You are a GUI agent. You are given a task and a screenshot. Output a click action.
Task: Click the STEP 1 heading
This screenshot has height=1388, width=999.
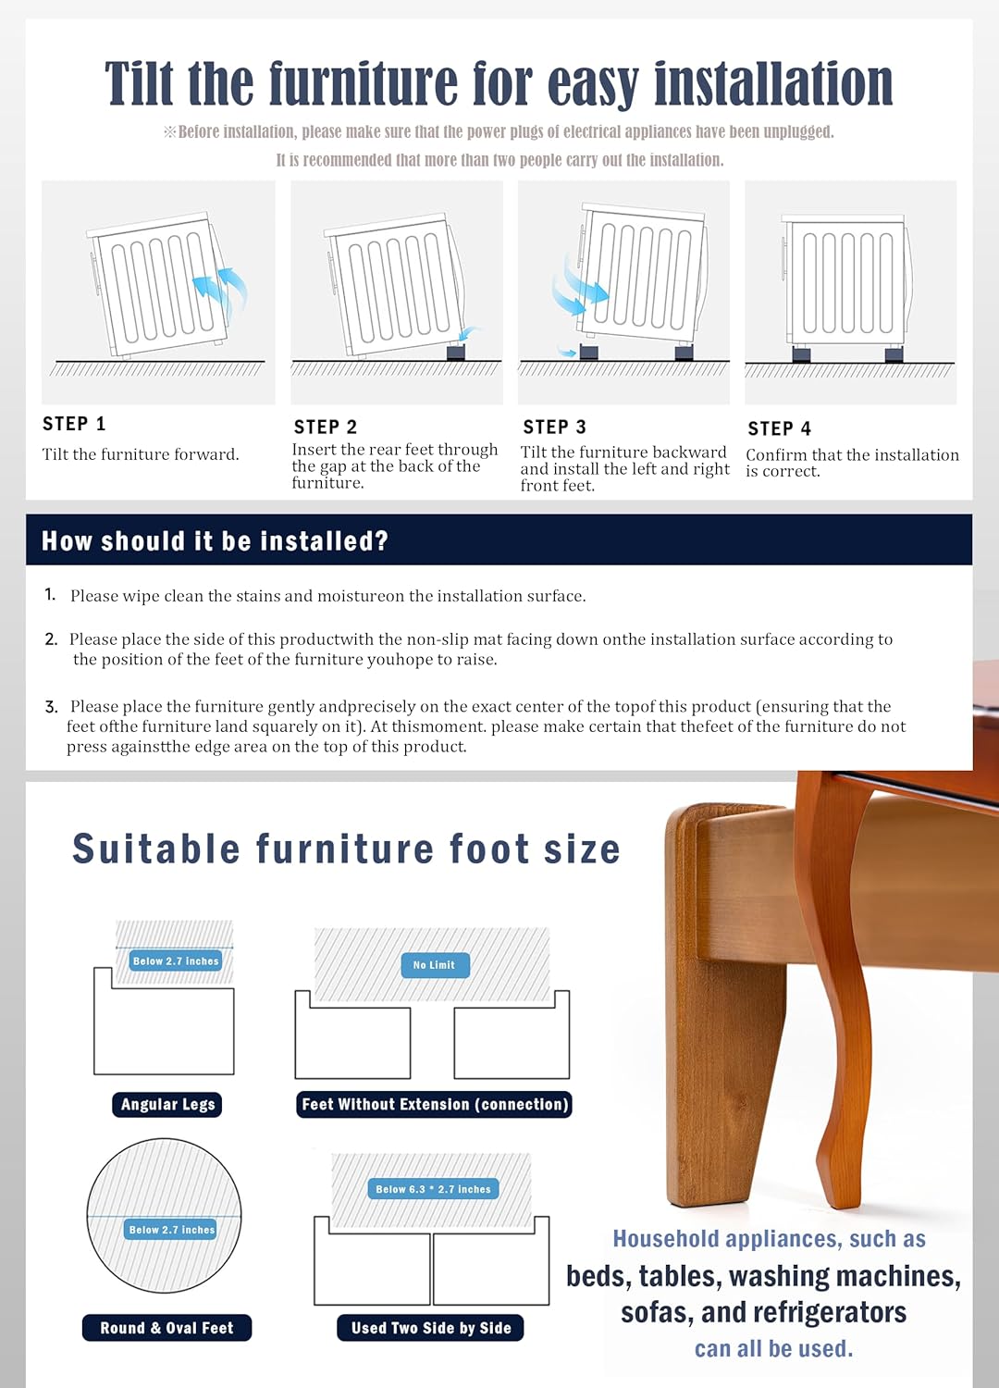pos(74,424)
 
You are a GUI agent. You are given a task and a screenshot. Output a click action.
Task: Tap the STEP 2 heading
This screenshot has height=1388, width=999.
pos(325,427)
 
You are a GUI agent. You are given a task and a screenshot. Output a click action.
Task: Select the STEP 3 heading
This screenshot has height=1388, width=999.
pos(554,427)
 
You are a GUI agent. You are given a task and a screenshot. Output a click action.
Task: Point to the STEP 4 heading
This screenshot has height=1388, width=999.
pos(779,428)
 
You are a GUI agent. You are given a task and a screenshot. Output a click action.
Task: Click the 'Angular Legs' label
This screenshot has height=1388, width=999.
pos(167,1104)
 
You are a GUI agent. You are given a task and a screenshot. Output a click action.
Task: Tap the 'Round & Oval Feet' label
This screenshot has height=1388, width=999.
pos(166,1328)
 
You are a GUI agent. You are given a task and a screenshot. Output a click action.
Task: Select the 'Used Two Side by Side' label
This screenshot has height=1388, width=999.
pos(431,1328)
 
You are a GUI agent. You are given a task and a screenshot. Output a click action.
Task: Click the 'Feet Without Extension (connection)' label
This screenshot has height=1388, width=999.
pos(435,1104)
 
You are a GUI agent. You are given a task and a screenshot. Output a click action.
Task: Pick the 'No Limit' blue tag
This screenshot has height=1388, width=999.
pos(435,965)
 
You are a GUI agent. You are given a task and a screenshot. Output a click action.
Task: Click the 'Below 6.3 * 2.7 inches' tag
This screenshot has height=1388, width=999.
pos(433,1189)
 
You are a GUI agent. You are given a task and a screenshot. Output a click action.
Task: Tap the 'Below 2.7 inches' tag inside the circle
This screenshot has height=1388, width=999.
pos(171,1230)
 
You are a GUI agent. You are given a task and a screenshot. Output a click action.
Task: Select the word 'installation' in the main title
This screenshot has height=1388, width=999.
pos(773,83)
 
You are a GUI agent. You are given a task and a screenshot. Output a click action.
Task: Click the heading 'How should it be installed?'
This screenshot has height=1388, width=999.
pos(215,540)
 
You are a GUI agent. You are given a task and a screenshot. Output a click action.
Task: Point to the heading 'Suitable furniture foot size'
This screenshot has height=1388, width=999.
pos(346,849)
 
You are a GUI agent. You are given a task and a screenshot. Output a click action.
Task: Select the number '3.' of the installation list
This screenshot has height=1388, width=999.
pos(51,707)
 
